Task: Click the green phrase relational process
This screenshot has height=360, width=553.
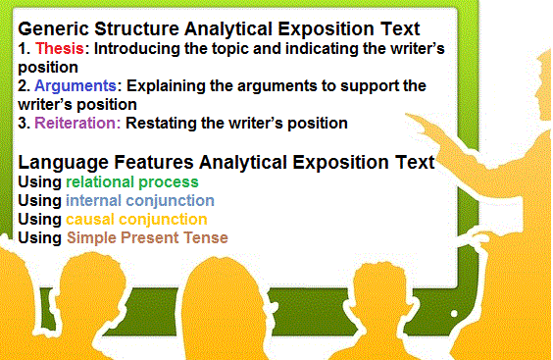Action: (132, 182)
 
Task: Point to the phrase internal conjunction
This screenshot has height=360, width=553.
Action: (140, 201)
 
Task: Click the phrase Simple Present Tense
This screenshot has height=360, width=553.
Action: (147, 238)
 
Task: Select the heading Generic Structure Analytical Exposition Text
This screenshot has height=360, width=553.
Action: (219, 29)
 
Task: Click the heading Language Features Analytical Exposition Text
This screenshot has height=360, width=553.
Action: (226, 163)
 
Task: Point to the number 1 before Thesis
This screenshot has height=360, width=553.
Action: (23, 49)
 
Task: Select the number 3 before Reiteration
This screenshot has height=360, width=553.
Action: (24, 123)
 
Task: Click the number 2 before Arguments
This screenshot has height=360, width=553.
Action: (24, 86)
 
